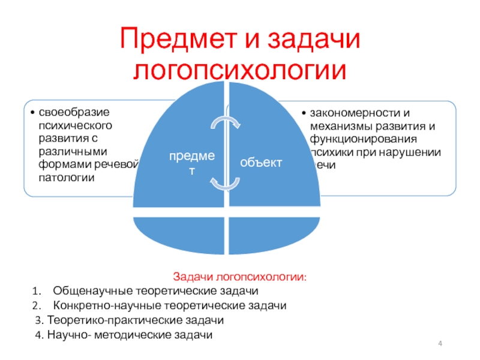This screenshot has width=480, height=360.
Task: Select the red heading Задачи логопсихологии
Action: (x=239, y=278)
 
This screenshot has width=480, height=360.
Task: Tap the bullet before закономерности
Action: (x=305, y=113)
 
